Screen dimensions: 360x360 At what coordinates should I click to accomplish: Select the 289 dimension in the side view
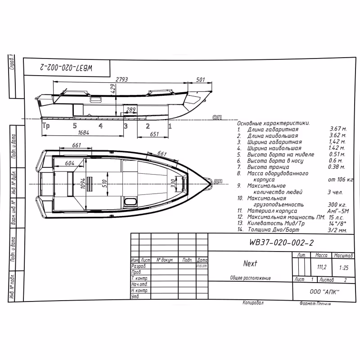click(130, 109)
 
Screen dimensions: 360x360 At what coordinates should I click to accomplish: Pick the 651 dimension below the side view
click(155, 134)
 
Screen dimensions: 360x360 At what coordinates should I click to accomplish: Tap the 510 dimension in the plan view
click(104, 184)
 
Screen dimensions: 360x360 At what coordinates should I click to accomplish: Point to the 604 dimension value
click(69, 163)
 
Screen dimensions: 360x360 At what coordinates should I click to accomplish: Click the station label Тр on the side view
click(46, 126)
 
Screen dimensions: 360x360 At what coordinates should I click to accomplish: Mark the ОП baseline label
click(217, 117)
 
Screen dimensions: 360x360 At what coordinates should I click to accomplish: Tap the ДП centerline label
click(218, 180)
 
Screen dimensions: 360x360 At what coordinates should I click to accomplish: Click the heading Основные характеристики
click(273, 123)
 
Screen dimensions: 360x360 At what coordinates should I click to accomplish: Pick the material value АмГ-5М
click(337, 211)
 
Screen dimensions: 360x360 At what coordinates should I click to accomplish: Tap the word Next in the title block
click(250, 264)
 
